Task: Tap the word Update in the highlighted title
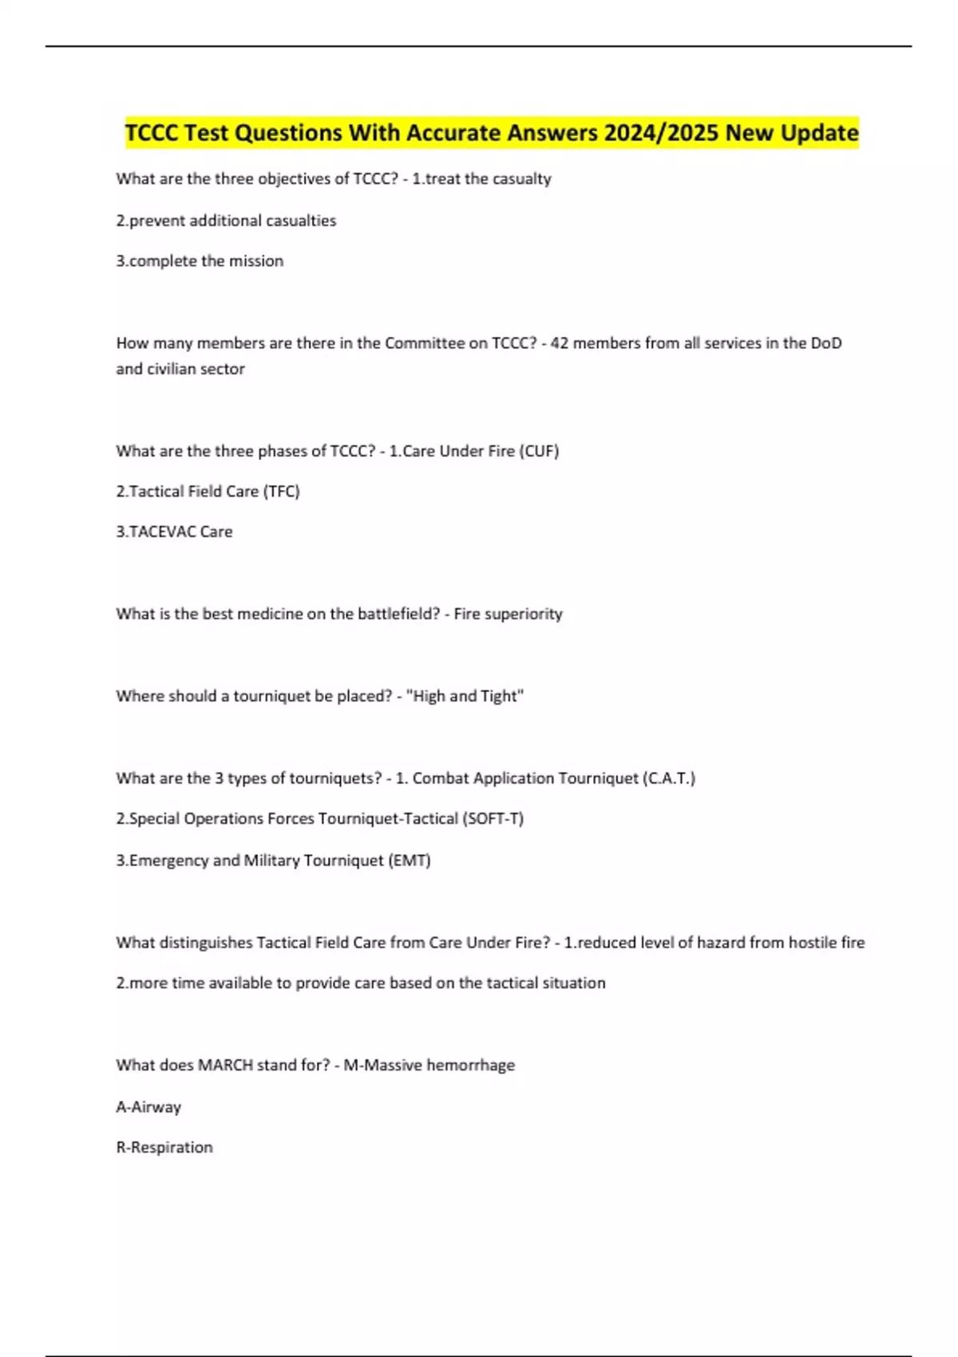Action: (819, 133)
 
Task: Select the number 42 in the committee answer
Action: (560, 343)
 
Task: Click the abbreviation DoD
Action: (825, 343)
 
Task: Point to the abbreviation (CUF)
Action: (539, 451)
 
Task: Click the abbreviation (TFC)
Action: (281, 492)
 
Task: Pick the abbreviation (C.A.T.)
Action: (668, 778)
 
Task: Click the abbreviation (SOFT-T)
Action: (493, 819)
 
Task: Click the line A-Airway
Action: (148, 1107)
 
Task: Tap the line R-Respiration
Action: (164, 1148)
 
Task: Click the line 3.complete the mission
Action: (200, 261)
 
